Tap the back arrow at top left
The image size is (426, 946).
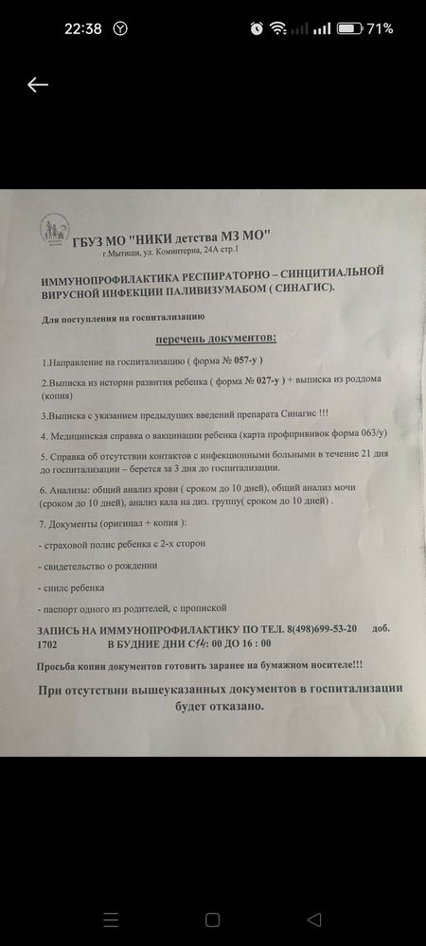[x=37, y=85]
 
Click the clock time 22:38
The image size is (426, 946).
[x=83, y=28]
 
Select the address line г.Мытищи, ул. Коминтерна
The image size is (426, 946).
[x=170, y=251]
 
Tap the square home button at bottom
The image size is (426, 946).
[x=212, y=920]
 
